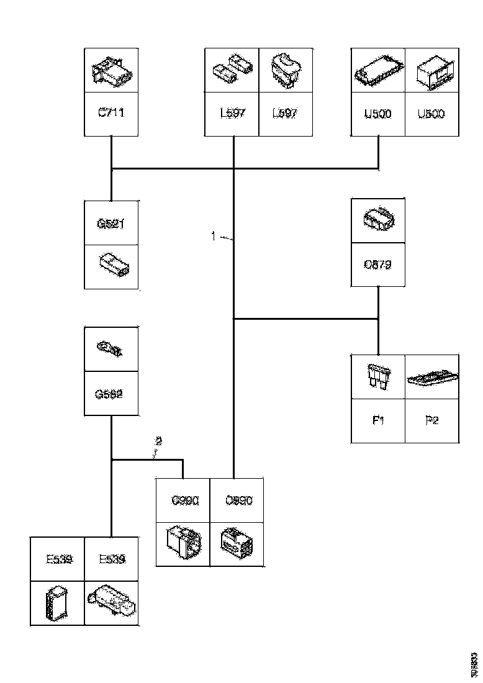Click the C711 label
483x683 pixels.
[x=111, y=114]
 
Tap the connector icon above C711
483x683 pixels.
[x=111, y=73]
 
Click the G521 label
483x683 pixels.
[x=111, y=223]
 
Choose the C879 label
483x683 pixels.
[x=378, y=265]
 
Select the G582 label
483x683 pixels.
[x=111, y=394]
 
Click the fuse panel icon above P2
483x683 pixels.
[x=432, y=377]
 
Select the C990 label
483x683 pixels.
[x=183, y=500]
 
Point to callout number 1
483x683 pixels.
[x=213, y=236]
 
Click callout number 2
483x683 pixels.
[x=158, y=442]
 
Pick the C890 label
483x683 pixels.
[x=237, y=500]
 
